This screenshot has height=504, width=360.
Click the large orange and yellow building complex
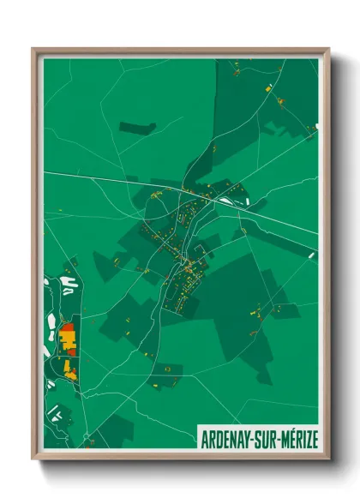pos(68,339)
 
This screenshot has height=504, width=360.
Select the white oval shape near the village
pos(226,201)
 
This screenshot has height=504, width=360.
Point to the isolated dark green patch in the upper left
pos(137,129)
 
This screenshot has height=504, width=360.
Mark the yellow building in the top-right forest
pos(268,87)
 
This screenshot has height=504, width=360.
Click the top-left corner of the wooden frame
pos(33,49)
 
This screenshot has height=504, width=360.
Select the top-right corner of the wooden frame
pos(328,49)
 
